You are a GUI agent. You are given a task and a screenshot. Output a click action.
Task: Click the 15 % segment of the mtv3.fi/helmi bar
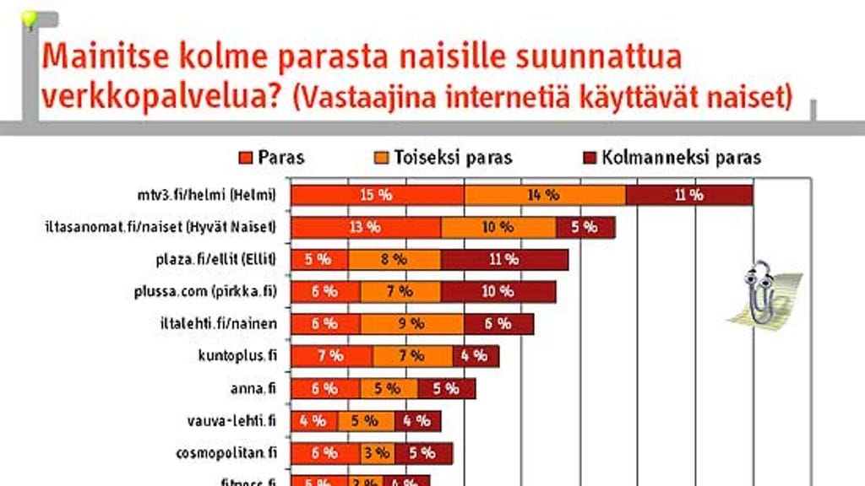pyautogui.click(x=377, y=195)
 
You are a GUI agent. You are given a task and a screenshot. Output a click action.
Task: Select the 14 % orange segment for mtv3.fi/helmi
pyautogui.click(x=544, y=195)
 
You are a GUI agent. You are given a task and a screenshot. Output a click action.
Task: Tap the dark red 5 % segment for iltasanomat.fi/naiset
pyautogui.click(x=585, y=227)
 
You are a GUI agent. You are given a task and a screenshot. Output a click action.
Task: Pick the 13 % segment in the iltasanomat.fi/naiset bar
pyautogui.click(x=365, y=227)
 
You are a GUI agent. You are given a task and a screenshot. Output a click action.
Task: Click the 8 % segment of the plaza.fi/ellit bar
pyautogui.click(x=394, y=259)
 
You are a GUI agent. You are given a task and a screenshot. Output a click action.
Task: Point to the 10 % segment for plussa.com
pyautogui.click(x=498, y=291)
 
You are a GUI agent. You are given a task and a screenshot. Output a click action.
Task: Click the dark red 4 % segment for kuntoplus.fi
pyautogui.click(x=476, y=355)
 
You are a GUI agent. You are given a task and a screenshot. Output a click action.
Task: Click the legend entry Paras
pyautogui.click(x=271, y=158)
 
